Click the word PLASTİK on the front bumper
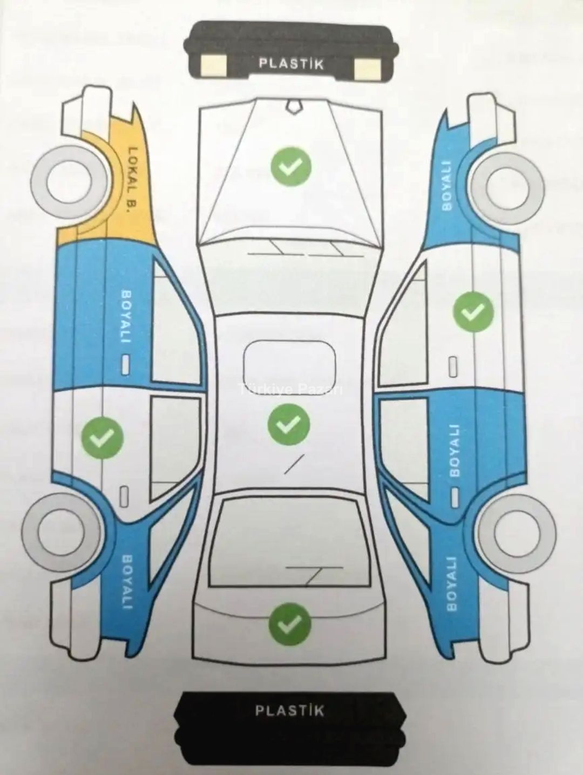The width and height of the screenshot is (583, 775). (x=291, y=64)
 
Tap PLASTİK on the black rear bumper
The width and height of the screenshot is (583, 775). (x=290, y=710)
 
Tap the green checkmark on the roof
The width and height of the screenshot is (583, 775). (x=288, y=424)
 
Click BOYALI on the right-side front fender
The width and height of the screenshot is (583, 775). (x=446, y=185)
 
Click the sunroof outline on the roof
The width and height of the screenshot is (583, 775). (x=290, y=368)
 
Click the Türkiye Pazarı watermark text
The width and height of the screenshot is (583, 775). (x=292, y=388)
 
